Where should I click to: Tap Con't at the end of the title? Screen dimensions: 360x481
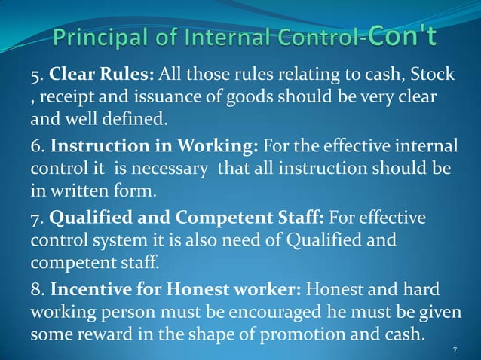point(403,34)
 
